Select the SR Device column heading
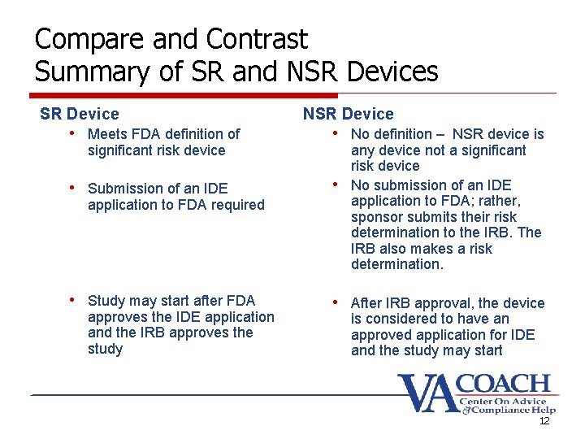pyautogui.click(x=80, y=115)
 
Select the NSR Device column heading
pyautogui.click(x=348, y=115)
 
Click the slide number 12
pyautogui.click(x=544, y=422)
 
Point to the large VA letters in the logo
pyautogui.click(x=428, y=393)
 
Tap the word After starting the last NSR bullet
pyautogui.click(x=367, y=303)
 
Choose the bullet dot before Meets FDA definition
pyautogui.click(x=72, y=133)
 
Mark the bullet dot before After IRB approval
pyautogui.click(x=336, y=302)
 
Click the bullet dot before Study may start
pyautogui.click(x=72, y=300)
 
